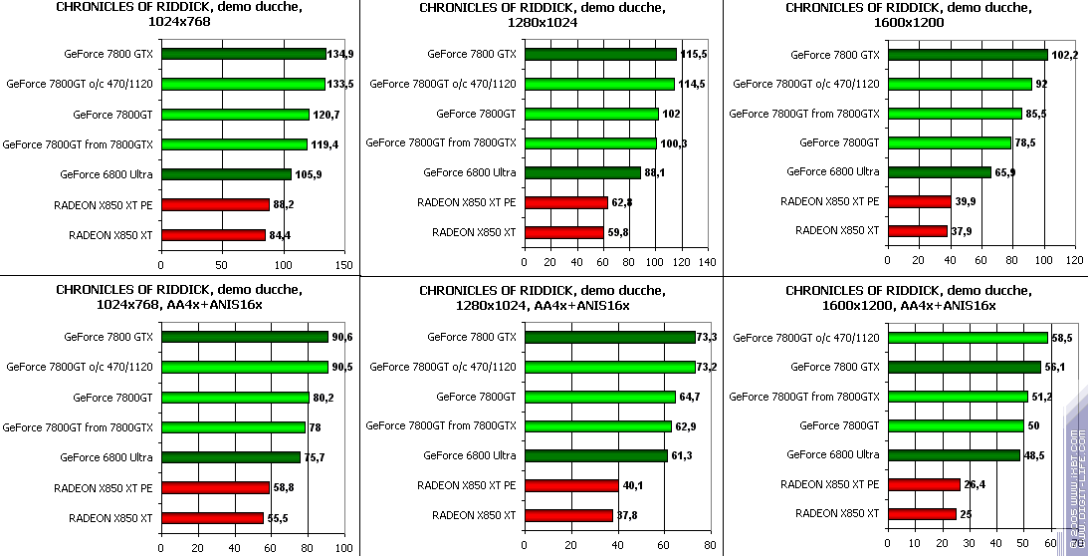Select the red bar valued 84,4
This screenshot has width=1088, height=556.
tap(213, 235)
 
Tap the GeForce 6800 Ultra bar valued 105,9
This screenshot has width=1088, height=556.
tap(226, 174)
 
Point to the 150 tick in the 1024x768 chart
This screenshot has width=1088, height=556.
tap(344, 266)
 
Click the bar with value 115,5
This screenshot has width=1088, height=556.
tap(600, 54)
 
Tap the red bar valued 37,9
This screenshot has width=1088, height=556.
tap(918, 231)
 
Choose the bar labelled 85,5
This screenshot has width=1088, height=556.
tap(955, 114)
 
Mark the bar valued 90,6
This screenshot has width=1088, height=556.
tap(244, 337)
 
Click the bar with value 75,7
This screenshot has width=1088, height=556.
tap(230, 457)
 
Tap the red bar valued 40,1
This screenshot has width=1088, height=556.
tap(571, 485)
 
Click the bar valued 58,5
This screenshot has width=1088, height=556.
tap(968, 338)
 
